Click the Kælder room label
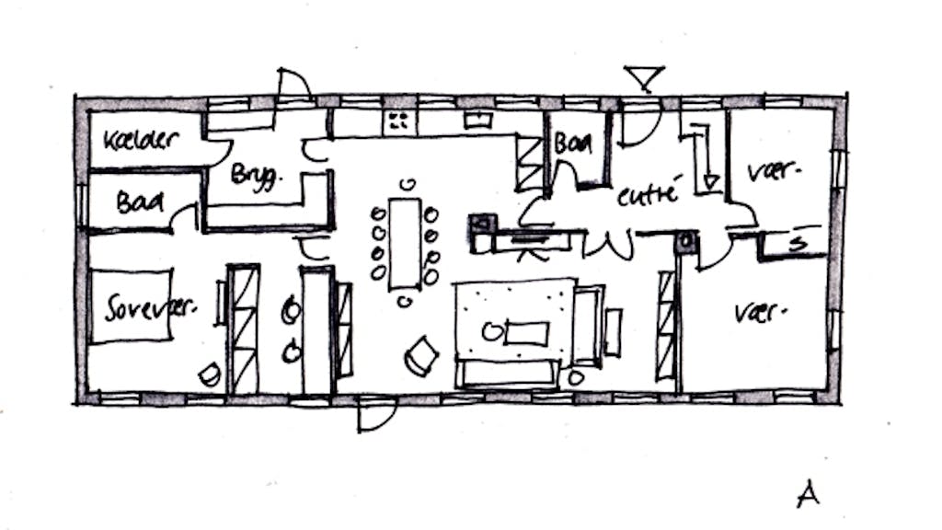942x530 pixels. click(141, 140)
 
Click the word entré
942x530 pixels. click(648, 195)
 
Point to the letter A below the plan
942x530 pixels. click(808, 494)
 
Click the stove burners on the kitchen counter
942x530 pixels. click(401, 120)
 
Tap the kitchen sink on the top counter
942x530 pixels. click(477, 119)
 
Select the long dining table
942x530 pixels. click(405, 241)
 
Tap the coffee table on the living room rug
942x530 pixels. click(526, 332)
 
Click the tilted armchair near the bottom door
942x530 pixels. click(422, 354)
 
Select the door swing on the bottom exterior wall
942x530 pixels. click(376, 417)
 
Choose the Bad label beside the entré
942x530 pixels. click(574, 144)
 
